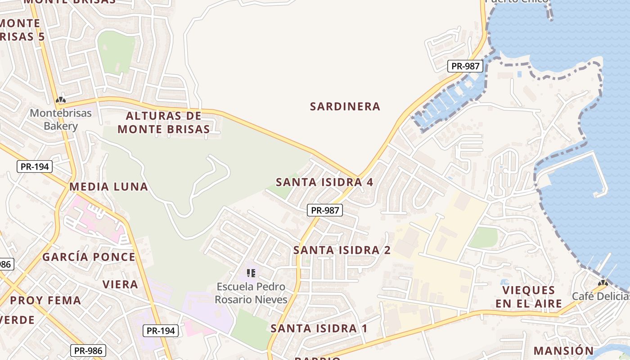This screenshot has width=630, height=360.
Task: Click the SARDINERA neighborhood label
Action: click(x=345, y=107)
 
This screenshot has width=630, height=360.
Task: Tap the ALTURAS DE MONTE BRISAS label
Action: click(x=164, y=122)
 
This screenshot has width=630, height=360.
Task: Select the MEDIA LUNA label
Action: click(x=108, y=187)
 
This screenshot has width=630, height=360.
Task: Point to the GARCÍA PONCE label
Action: click(x=89, y=257)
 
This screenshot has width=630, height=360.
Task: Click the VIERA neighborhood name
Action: click(x=120, y=284)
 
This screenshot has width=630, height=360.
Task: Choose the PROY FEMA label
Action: click(x=45, y=300)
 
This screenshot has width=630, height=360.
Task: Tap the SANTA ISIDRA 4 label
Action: click(x=324, y=182)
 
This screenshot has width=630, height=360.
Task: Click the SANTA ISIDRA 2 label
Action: click(x=342, y=250)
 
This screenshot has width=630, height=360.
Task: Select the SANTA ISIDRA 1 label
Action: click(x=319, y=328)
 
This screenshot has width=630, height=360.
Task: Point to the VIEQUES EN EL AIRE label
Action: click(x=529, y=297)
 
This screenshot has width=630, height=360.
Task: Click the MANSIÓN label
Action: click(x=563, y=351)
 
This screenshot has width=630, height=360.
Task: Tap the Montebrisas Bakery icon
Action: click(x=61, y=100)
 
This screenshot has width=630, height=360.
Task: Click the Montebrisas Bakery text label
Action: click(x=61, y=119)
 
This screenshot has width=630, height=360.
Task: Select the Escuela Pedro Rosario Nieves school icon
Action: click(x=251, y=273)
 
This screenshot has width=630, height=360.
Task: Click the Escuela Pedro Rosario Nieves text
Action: click(x=251, y=293)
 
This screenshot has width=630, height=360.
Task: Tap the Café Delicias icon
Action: click(x=603, y=283)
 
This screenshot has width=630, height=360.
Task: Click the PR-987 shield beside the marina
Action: click(x=465, y=66)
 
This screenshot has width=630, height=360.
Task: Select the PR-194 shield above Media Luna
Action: click(x=35, y=166)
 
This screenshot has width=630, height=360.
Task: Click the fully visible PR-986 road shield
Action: click(x=88, y=351)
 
